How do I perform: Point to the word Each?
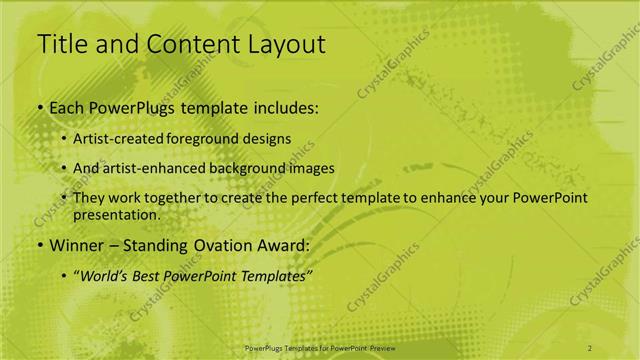(64, 106)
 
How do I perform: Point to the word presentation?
(116, 214)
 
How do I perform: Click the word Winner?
(75, 245)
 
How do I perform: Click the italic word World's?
(103, 275)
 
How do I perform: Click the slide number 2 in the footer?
(590, 347)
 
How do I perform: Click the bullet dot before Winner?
(39, 245)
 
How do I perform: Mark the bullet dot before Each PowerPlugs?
(39, 106)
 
